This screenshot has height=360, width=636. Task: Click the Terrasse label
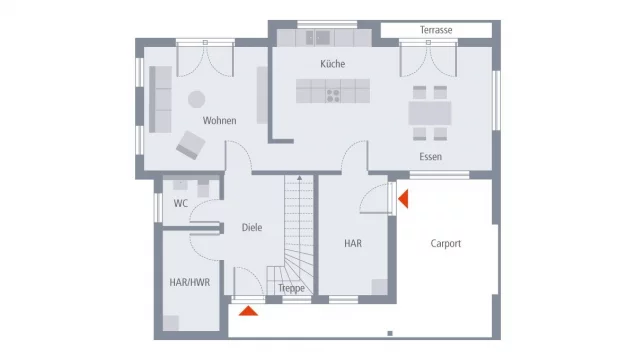pyautogui.click(x=436, y=30)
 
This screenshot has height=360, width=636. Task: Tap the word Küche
pyautogui.click(x=333, y=64)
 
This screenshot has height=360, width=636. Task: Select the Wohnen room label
pyautogui.click(x=220, y=121)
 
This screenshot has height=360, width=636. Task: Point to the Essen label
pyautogui.click(x=431, y=157)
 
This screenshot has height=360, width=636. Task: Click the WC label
pyautogui.click(x=181, y=204)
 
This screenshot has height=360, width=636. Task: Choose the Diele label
pyautogui.click(x=252, y=228)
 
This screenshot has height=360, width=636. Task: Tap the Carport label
pyautogui.click(x=446, y=243)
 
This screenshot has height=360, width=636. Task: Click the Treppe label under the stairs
pyautogui.click(x=291, y=288)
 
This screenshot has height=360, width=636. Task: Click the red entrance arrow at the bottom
pyautogui.click(x=248, y=310)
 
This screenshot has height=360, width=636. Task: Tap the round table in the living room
pyautogui.click(x=197, y=99)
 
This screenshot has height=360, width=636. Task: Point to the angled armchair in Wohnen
pyautogui.click(x=190, y=146)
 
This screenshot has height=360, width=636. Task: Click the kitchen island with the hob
pyautogui.click(x=334, y=93)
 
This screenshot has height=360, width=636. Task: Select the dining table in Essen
pyautogui.click(x=430, y=113)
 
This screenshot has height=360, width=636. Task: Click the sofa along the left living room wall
pyautogui.click(x=159, y=99)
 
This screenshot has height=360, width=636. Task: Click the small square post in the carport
pyautogui.click(x=389, y=332)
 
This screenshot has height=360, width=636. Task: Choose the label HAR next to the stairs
pyautogui.click(x=353, y=243)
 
